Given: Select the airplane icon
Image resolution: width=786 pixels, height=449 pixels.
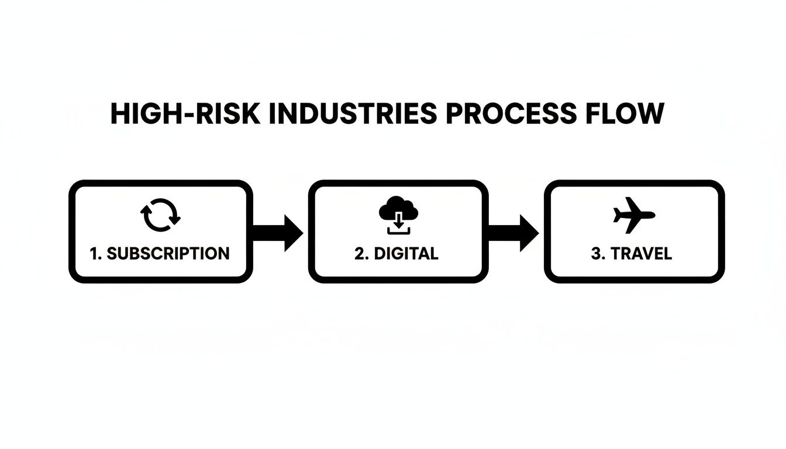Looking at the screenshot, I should (x=634, y=214).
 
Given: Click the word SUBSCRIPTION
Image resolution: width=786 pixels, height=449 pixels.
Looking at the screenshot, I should (x=168, y=254).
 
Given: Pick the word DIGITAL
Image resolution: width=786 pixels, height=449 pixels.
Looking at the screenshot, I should (x=405, y=254).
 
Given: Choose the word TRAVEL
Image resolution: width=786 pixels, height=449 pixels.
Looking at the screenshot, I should (x=642, y=254).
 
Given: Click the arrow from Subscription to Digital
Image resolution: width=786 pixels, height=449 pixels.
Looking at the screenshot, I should (x=278, y=233).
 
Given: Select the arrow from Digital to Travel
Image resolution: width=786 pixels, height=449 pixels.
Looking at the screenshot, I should (x=513, y=233).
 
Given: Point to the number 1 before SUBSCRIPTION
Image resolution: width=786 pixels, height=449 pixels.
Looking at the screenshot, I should (x=94, y=254).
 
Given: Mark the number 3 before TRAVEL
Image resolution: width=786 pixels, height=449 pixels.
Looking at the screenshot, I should (x=596, y=254).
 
